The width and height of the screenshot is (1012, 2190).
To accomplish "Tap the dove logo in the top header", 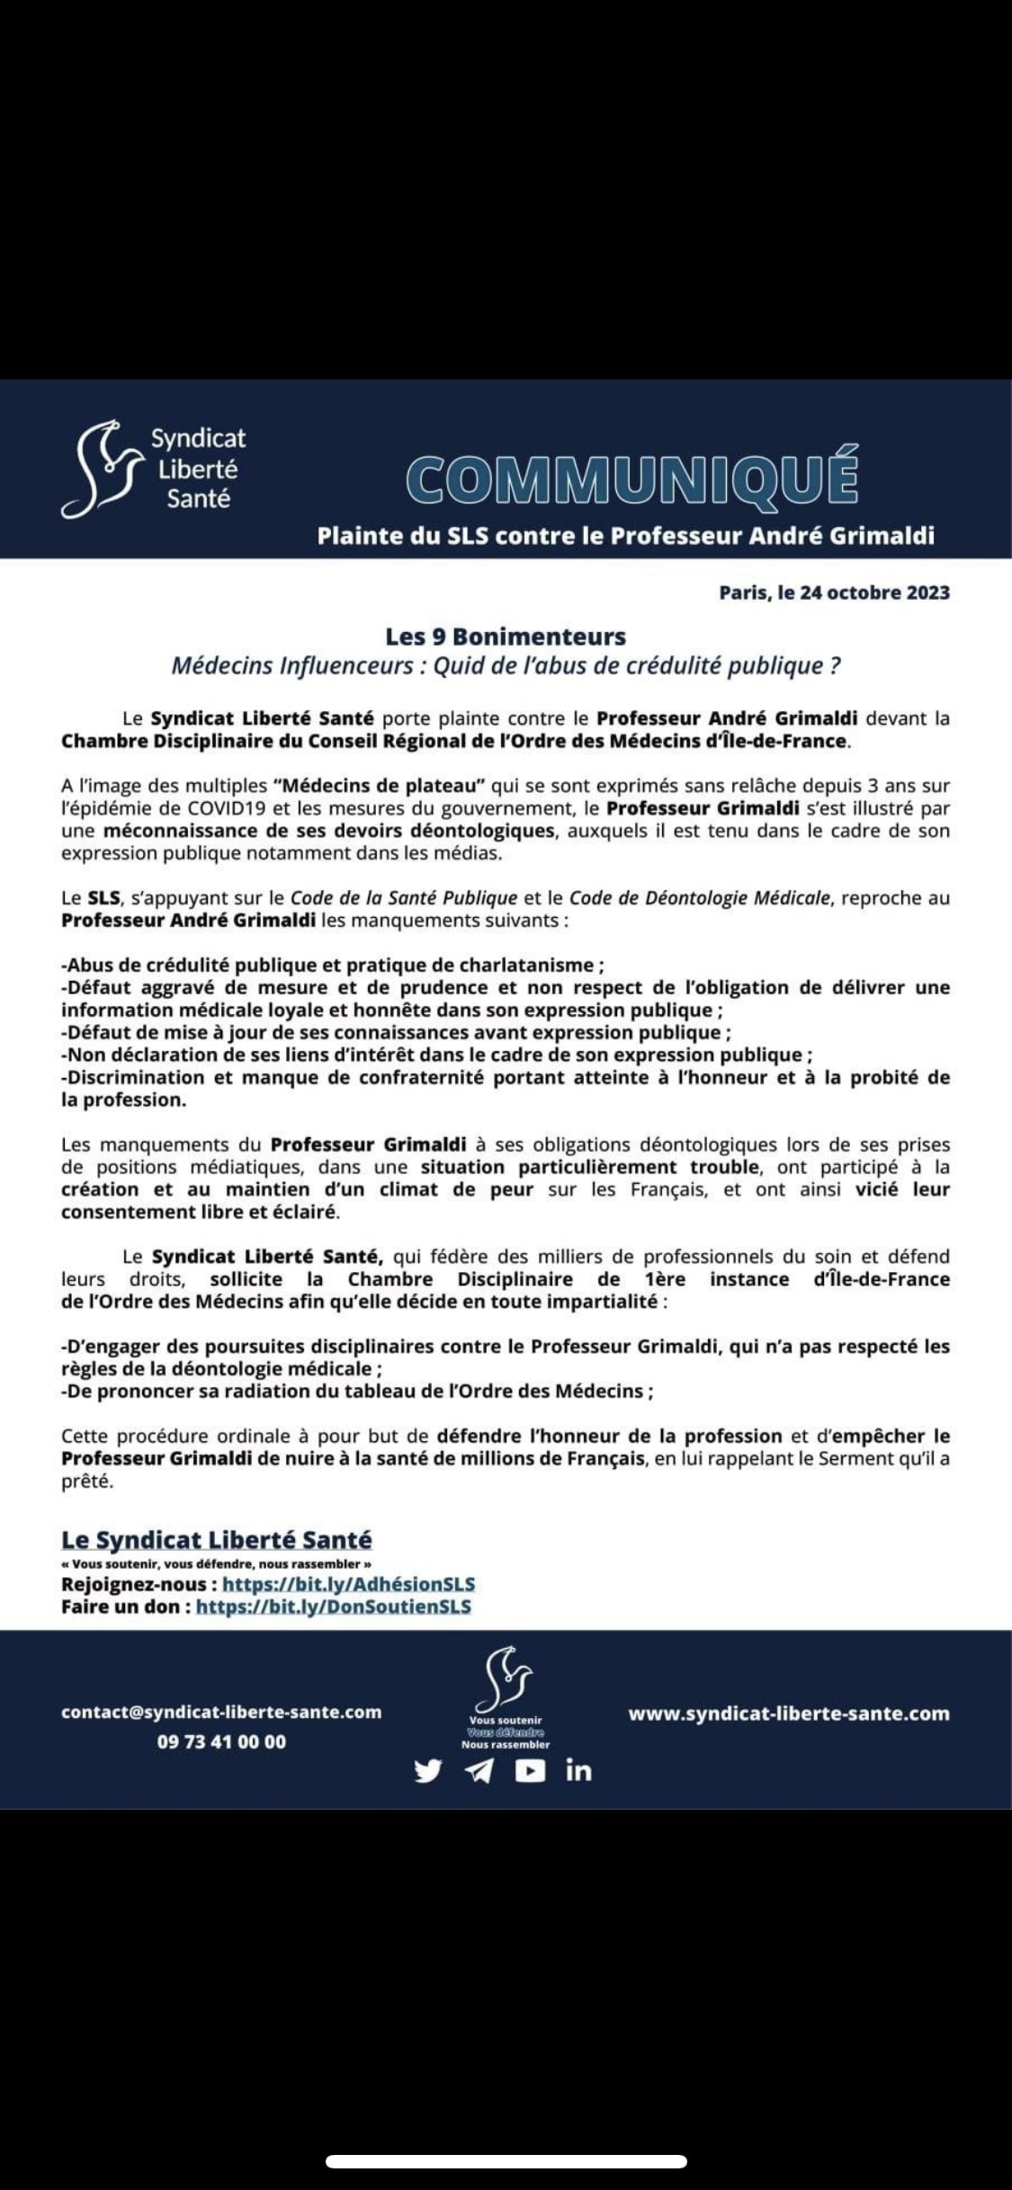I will click(x=101, y=467).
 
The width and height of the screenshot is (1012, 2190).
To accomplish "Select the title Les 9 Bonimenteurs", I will click(x=506, y=637).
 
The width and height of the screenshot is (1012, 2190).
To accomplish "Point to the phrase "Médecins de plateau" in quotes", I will click(x=379, y=786).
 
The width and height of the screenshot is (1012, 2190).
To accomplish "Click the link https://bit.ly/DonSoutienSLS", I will click(x=334, y=1606).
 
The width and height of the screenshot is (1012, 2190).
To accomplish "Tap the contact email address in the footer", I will click(x=221, y=1712).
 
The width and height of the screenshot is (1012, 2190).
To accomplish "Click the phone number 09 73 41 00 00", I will click(x=221, y=1741).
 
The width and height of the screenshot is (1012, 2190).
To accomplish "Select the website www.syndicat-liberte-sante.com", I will click(x=789, y=1713).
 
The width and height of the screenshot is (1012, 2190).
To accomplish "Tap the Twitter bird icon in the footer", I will click(x=428, y=1770).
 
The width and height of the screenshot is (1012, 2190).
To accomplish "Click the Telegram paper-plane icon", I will click(x=479, y=1770).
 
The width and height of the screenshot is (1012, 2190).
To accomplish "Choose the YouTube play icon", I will click(x=530, y=1770).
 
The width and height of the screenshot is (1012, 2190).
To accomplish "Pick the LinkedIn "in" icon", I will click(x=579, y=1770).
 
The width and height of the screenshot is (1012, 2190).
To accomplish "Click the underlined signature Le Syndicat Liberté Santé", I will click(x=217, y=1539).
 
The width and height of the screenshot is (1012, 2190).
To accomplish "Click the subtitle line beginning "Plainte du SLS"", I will click(x=625, y=536).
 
